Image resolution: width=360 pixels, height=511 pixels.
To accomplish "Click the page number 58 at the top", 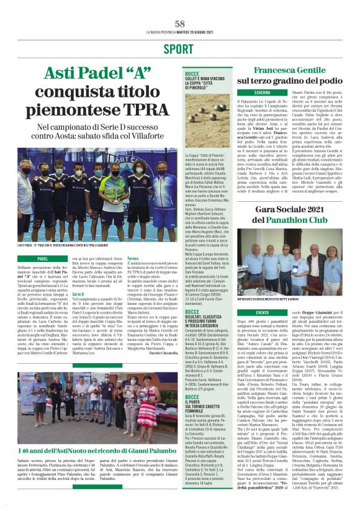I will (180, 24).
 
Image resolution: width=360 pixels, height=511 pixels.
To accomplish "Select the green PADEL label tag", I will (43, 258).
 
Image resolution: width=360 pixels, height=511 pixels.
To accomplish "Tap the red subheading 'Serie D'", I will (78, 293).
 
